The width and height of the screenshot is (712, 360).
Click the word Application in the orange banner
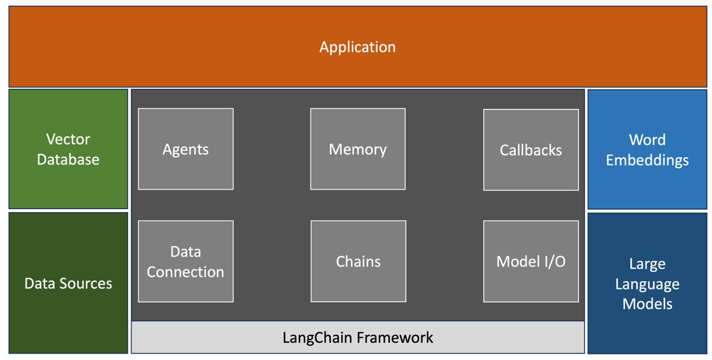[x=357, y=47]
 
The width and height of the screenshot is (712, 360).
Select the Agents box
[x=185, y=149]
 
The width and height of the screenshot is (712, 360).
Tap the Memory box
[x=358, y=149]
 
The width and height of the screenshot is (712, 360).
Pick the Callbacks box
[x=531, y=150]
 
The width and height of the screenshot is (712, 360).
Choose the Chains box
[x=358, y=261]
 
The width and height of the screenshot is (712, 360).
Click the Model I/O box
[x=531, y=261]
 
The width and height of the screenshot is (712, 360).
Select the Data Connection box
[x=185, y=261]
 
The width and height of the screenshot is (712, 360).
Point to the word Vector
[x=68, y=139]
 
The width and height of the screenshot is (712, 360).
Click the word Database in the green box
[x=68, y=159]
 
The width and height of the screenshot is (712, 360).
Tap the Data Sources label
[x=68, y=283]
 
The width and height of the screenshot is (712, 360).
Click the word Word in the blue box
[x=647, y=139]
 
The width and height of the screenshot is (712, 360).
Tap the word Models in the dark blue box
[x=647, y=304]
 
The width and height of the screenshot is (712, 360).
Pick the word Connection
[x=185, y=272]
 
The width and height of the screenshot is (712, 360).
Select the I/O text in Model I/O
[x=555, y=262]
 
